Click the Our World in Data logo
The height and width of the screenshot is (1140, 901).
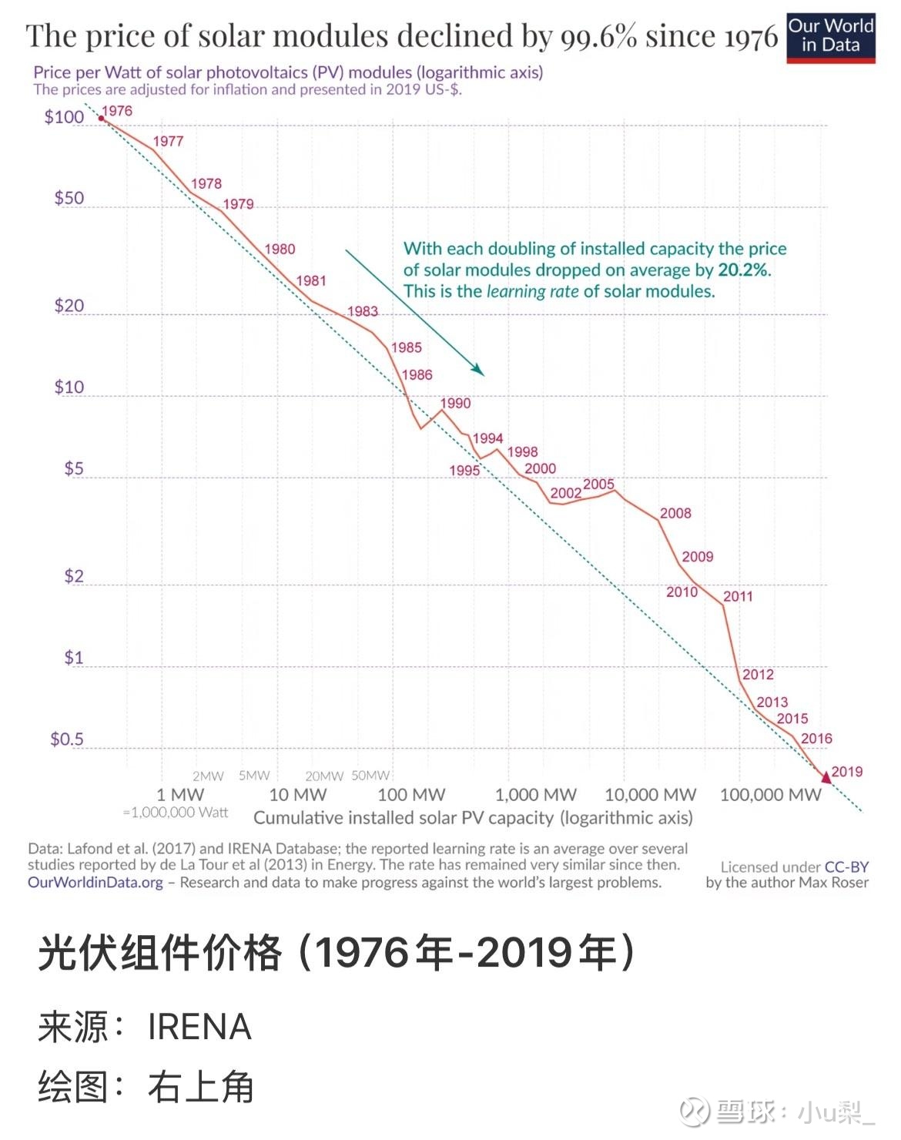[x=830, y=36]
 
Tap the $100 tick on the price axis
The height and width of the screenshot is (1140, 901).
[x=64, y=117]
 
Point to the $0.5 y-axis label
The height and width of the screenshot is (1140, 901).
[x=67, y=739]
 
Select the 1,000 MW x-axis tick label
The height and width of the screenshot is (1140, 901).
[x=535, y=795]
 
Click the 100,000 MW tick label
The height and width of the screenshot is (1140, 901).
[x=770, y=795]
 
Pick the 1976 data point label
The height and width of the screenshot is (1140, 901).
[x=117, y=111]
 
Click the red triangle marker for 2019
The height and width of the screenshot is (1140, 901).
[x=826, y=777]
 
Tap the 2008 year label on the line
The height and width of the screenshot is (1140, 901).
[x=675, y=514]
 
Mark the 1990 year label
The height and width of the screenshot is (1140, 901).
[x=455, y=403]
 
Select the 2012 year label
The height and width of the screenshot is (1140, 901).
[x=758, y=675]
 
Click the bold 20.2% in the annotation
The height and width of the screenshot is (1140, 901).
[x=743, y=270]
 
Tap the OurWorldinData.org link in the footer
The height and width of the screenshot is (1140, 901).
[x=95, y=883]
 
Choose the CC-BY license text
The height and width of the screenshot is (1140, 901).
[x=846, y=867]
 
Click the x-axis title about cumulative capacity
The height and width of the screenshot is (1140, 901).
[x=473, y=818]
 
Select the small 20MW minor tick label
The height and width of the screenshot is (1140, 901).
[x=323, y=776]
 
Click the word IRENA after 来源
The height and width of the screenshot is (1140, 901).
[x=199, y=1028]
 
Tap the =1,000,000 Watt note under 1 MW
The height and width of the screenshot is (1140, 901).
[x=176, y=813]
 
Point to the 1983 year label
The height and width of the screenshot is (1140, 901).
[x=362, y=311]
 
